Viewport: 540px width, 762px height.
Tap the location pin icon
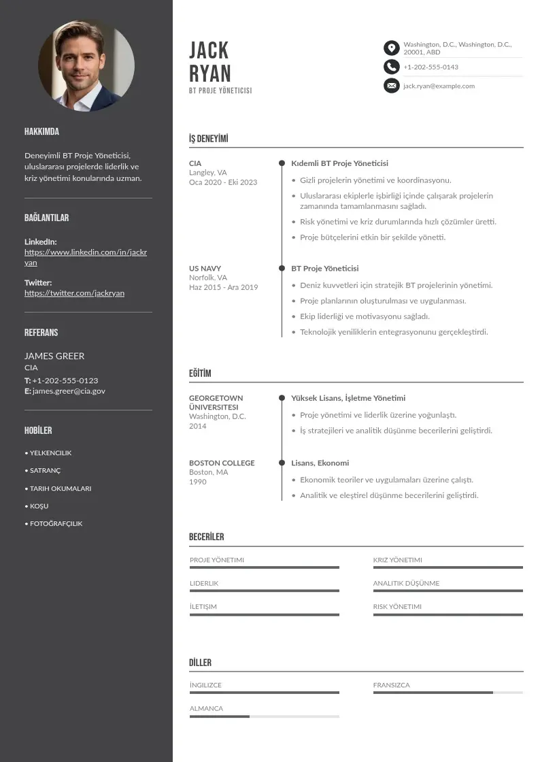click(x=391, y=48)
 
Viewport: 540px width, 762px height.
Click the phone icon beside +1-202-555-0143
click(x=391, y=67)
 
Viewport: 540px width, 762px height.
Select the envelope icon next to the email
click(x=391, y=86)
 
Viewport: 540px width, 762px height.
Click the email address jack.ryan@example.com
click(x=439, y=86)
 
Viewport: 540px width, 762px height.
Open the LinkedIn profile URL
click(x=86, y=257)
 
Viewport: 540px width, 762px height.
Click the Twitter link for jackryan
click(x=74, y=293)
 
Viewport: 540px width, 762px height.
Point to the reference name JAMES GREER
click(x=54, y=356)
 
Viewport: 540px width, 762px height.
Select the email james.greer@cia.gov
click(x=69, y=391)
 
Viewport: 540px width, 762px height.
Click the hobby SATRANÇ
click(x=45, y=471)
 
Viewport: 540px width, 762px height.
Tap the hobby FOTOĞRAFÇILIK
click(x=56, y=524)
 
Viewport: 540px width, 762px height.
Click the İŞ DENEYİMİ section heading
click(x=208, y=139)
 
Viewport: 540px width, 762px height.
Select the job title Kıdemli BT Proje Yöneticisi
click(x=339, y=163)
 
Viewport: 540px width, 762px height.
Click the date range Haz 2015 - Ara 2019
click(x=223, y=287)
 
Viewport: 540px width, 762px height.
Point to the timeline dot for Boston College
click(x=282, y=463)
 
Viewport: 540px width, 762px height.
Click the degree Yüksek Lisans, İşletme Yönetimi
click(x=348, y=398)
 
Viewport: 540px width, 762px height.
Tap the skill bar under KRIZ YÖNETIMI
click(x=448, y=567)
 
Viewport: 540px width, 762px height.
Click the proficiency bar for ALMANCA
click(x=264, y=716)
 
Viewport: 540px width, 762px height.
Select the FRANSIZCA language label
click(x=391, y=685)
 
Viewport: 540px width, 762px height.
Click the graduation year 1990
click(x=197, y=482)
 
